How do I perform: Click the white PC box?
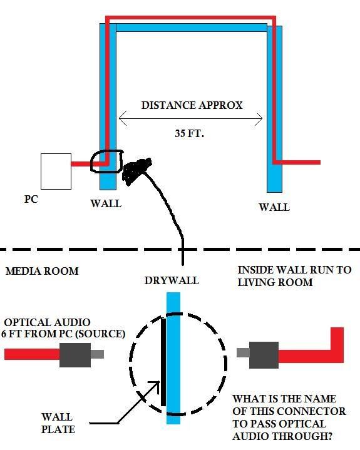coord(56,171)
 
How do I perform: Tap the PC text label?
coord(31,199)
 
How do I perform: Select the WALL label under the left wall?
coord(106,203)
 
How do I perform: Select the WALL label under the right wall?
coord(274,207)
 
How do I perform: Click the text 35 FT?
coord(190,133)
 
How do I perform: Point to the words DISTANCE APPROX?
coord(192,105)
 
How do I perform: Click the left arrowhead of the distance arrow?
coord(122,118)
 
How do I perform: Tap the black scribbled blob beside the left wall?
coord(136,170)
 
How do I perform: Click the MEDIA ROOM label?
coord(42,271)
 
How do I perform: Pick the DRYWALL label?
coord(172,280)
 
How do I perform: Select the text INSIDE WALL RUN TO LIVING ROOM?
coord(294,276)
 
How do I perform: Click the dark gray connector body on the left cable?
coord(75,355)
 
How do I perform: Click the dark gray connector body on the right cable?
coord(264,355)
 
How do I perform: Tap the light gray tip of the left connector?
coord(97,354)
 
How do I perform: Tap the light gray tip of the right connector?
coord(243,353)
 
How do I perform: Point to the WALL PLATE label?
coord(58,423)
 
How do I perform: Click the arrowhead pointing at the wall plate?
coord(156,384)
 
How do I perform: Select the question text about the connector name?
coord(289,417)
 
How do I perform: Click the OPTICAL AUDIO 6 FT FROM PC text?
coord(63,328)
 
